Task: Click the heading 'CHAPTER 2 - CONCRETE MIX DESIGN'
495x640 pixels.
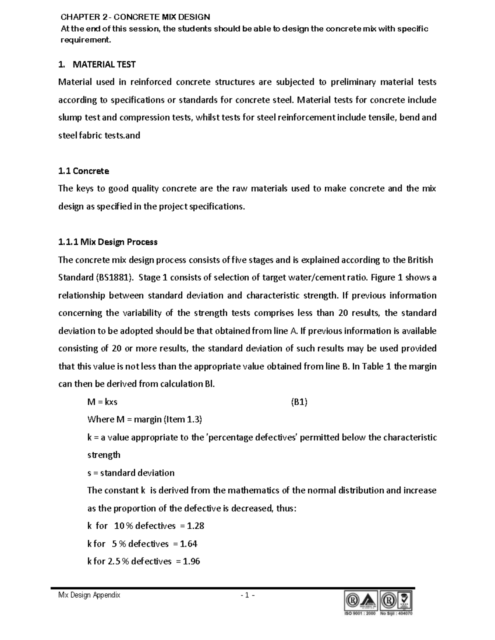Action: pos(135,17)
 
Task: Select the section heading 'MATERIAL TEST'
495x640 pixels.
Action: pos(104,64)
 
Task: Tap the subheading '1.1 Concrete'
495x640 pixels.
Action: pos(84,171)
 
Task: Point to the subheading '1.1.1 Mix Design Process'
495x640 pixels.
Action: pos(108,242)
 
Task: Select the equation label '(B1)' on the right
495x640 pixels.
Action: pos(299,402)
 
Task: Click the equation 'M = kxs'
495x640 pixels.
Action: pos(102,402)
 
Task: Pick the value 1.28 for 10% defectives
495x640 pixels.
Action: pos(196,526)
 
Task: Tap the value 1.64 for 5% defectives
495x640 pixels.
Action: pos(189,544)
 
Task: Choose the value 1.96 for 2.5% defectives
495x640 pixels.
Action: pos(191,561)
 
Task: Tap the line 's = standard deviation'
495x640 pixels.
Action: pos(131,473)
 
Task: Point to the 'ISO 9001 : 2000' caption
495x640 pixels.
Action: pos(360,613)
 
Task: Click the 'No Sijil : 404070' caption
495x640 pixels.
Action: pos(396,613)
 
